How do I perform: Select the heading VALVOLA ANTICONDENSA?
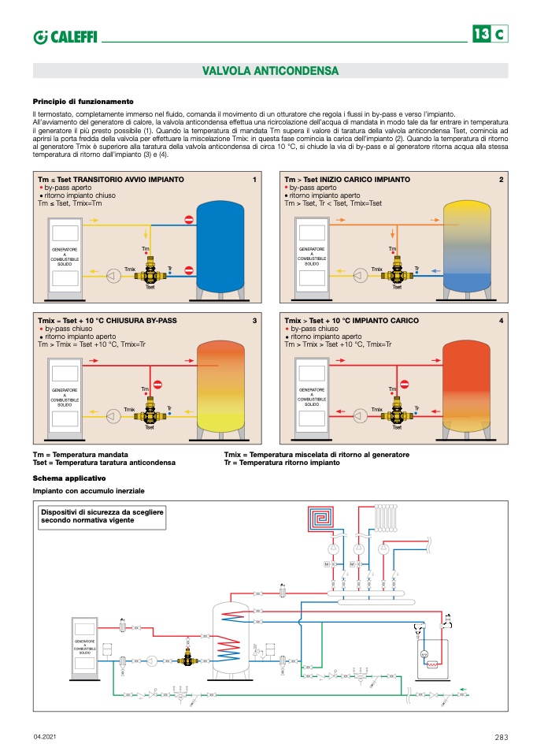270,71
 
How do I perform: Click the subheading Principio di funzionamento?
83,101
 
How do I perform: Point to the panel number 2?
501,180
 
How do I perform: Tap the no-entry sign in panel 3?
157,384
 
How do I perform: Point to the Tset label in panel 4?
397,427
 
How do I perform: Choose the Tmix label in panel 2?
377,270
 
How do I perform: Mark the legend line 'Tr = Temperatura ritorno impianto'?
282,463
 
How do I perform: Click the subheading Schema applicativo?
68,478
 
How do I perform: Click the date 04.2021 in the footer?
44,737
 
